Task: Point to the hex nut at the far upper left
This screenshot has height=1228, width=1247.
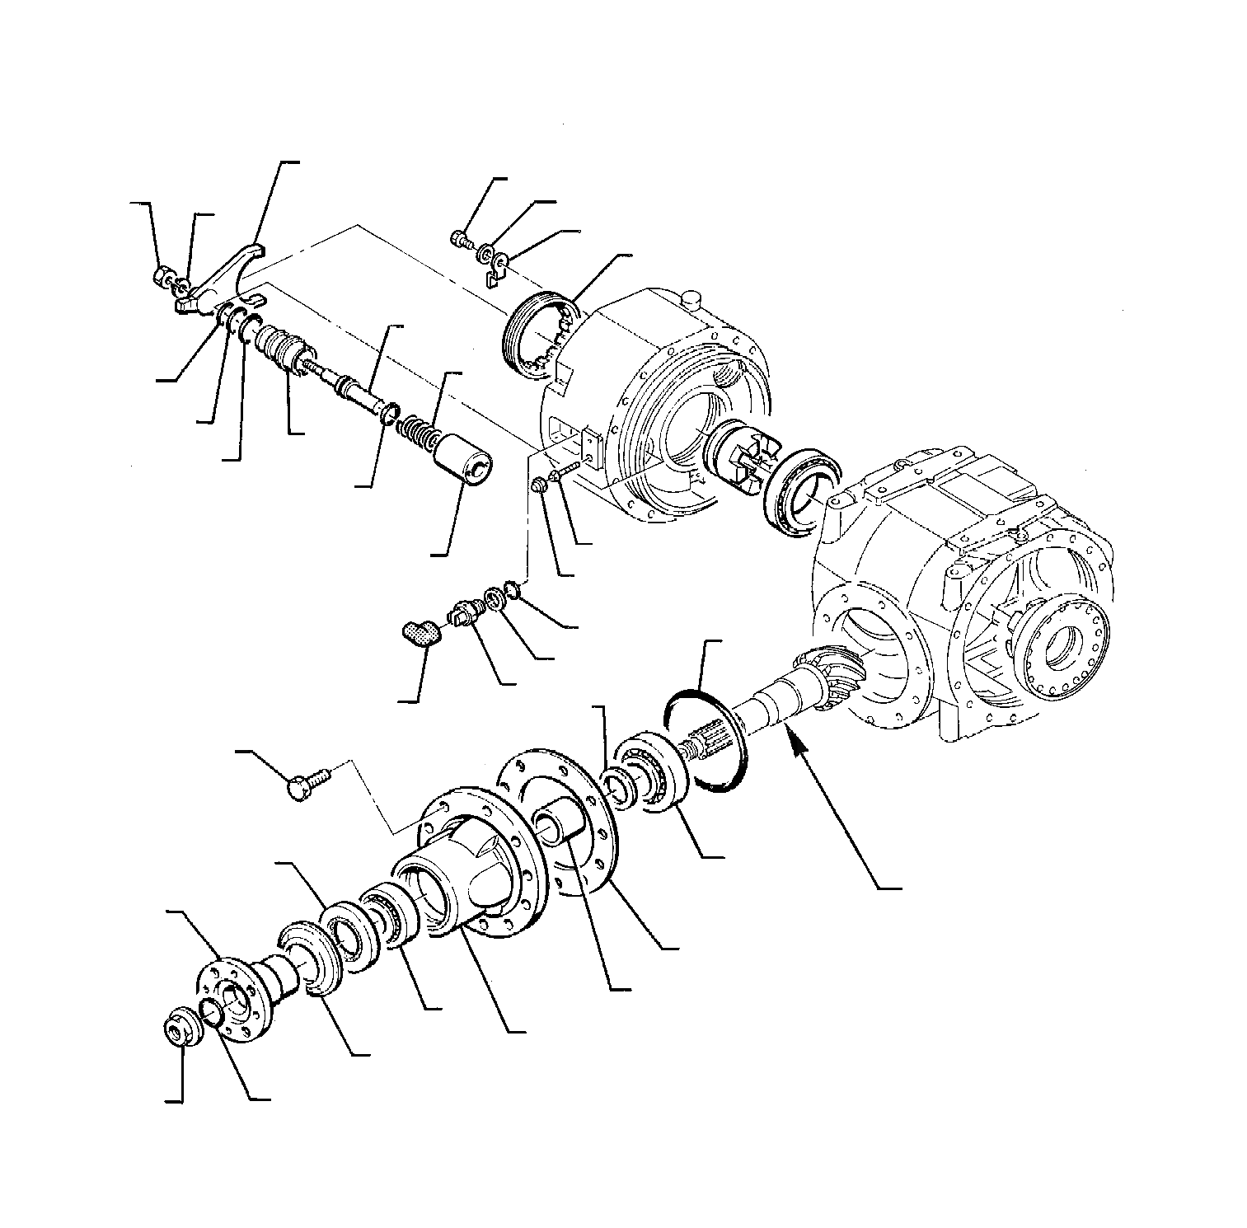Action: [163, 275]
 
